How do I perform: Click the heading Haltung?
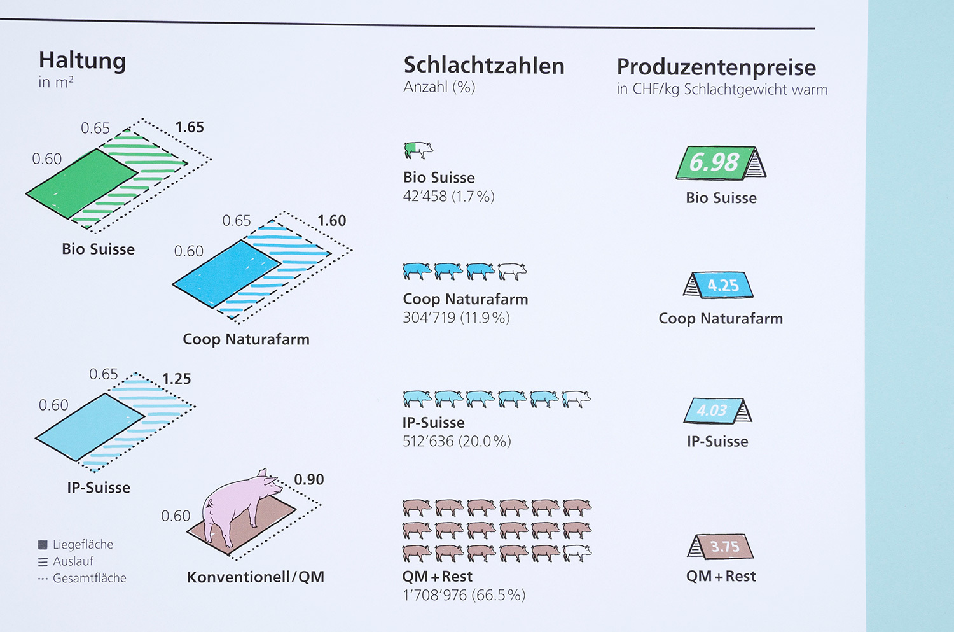(82, 61)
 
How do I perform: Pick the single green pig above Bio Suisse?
(418, 150)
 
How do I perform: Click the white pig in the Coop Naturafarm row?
(512, 272)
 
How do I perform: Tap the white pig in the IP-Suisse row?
(576, 399)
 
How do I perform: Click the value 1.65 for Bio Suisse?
(190, 127)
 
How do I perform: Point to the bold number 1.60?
(331, 221)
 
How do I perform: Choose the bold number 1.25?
(176, 379)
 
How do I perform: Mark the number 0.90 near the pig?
(308, 479)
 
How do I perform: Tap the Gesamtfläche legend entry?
(82, 578)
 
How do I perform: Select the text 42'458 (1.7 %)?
(448, 197)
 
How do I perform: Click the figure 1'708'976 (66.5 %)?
(464, 595)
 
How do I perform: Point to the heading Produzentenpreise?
(716, 67)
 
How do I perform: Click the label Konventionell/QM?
(256, 577)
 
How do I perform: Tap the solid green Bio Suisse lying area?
(81, 183)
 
